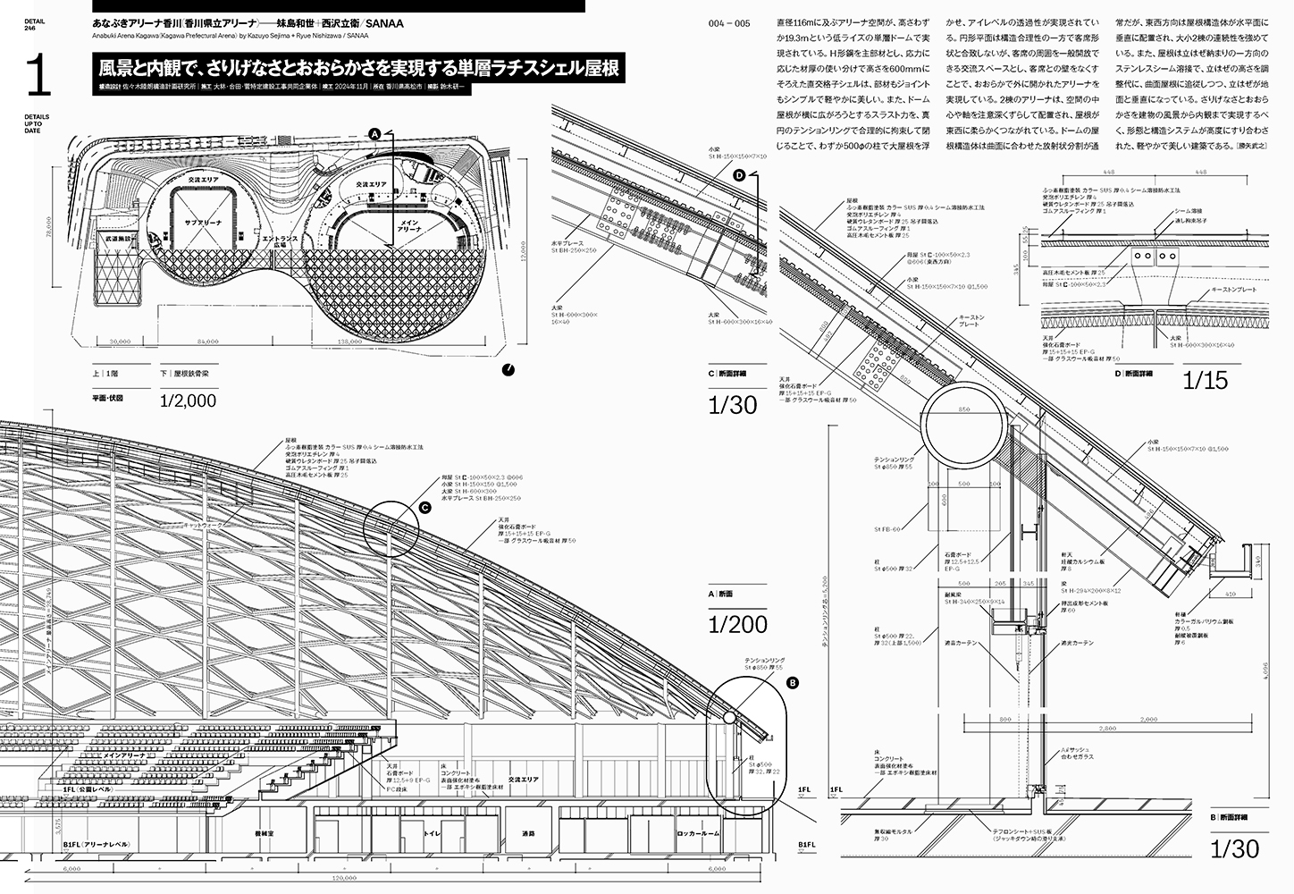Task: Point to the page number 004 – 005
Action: (728, 23)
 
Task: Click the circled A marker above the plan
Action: (375, 133)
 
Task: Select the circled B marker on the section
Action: (792, 683)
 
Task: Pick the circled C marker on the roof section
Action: (425, 508)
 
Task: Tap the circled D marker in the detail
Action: (739, 177)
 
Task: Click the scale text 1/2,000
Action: (188, 401)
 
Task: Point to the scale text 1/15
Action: (1206, 380)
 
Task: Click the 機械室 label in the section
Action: (263, 832)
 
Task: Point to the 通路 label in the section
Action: (528, 832)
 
